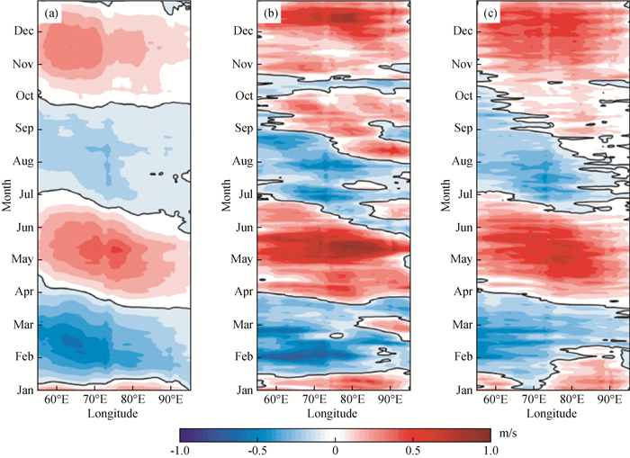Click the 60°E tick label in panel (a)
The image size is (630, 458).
[x=57, y=400]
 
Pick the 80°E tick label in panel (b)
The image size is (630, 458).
[x=352, y=400]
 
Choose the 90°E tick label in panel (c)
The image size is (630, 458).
[x=609, y=400]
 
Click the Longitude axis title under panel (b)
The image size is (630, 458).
[x=333, y=415]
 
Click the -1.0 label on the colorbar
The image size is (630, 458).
[x=180, y=449]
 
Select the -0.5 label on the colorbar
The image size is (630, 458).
[x=257, y=449]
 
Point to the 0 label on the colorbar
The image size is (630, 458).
[x=335, y=449]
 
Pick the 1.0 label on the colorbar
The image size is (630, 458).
[x=490, y=449]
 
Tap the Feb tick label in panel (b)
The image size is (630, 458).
[x=245, y=356]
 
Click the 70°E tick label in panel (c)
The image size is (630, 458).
[x=535, y=400]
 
